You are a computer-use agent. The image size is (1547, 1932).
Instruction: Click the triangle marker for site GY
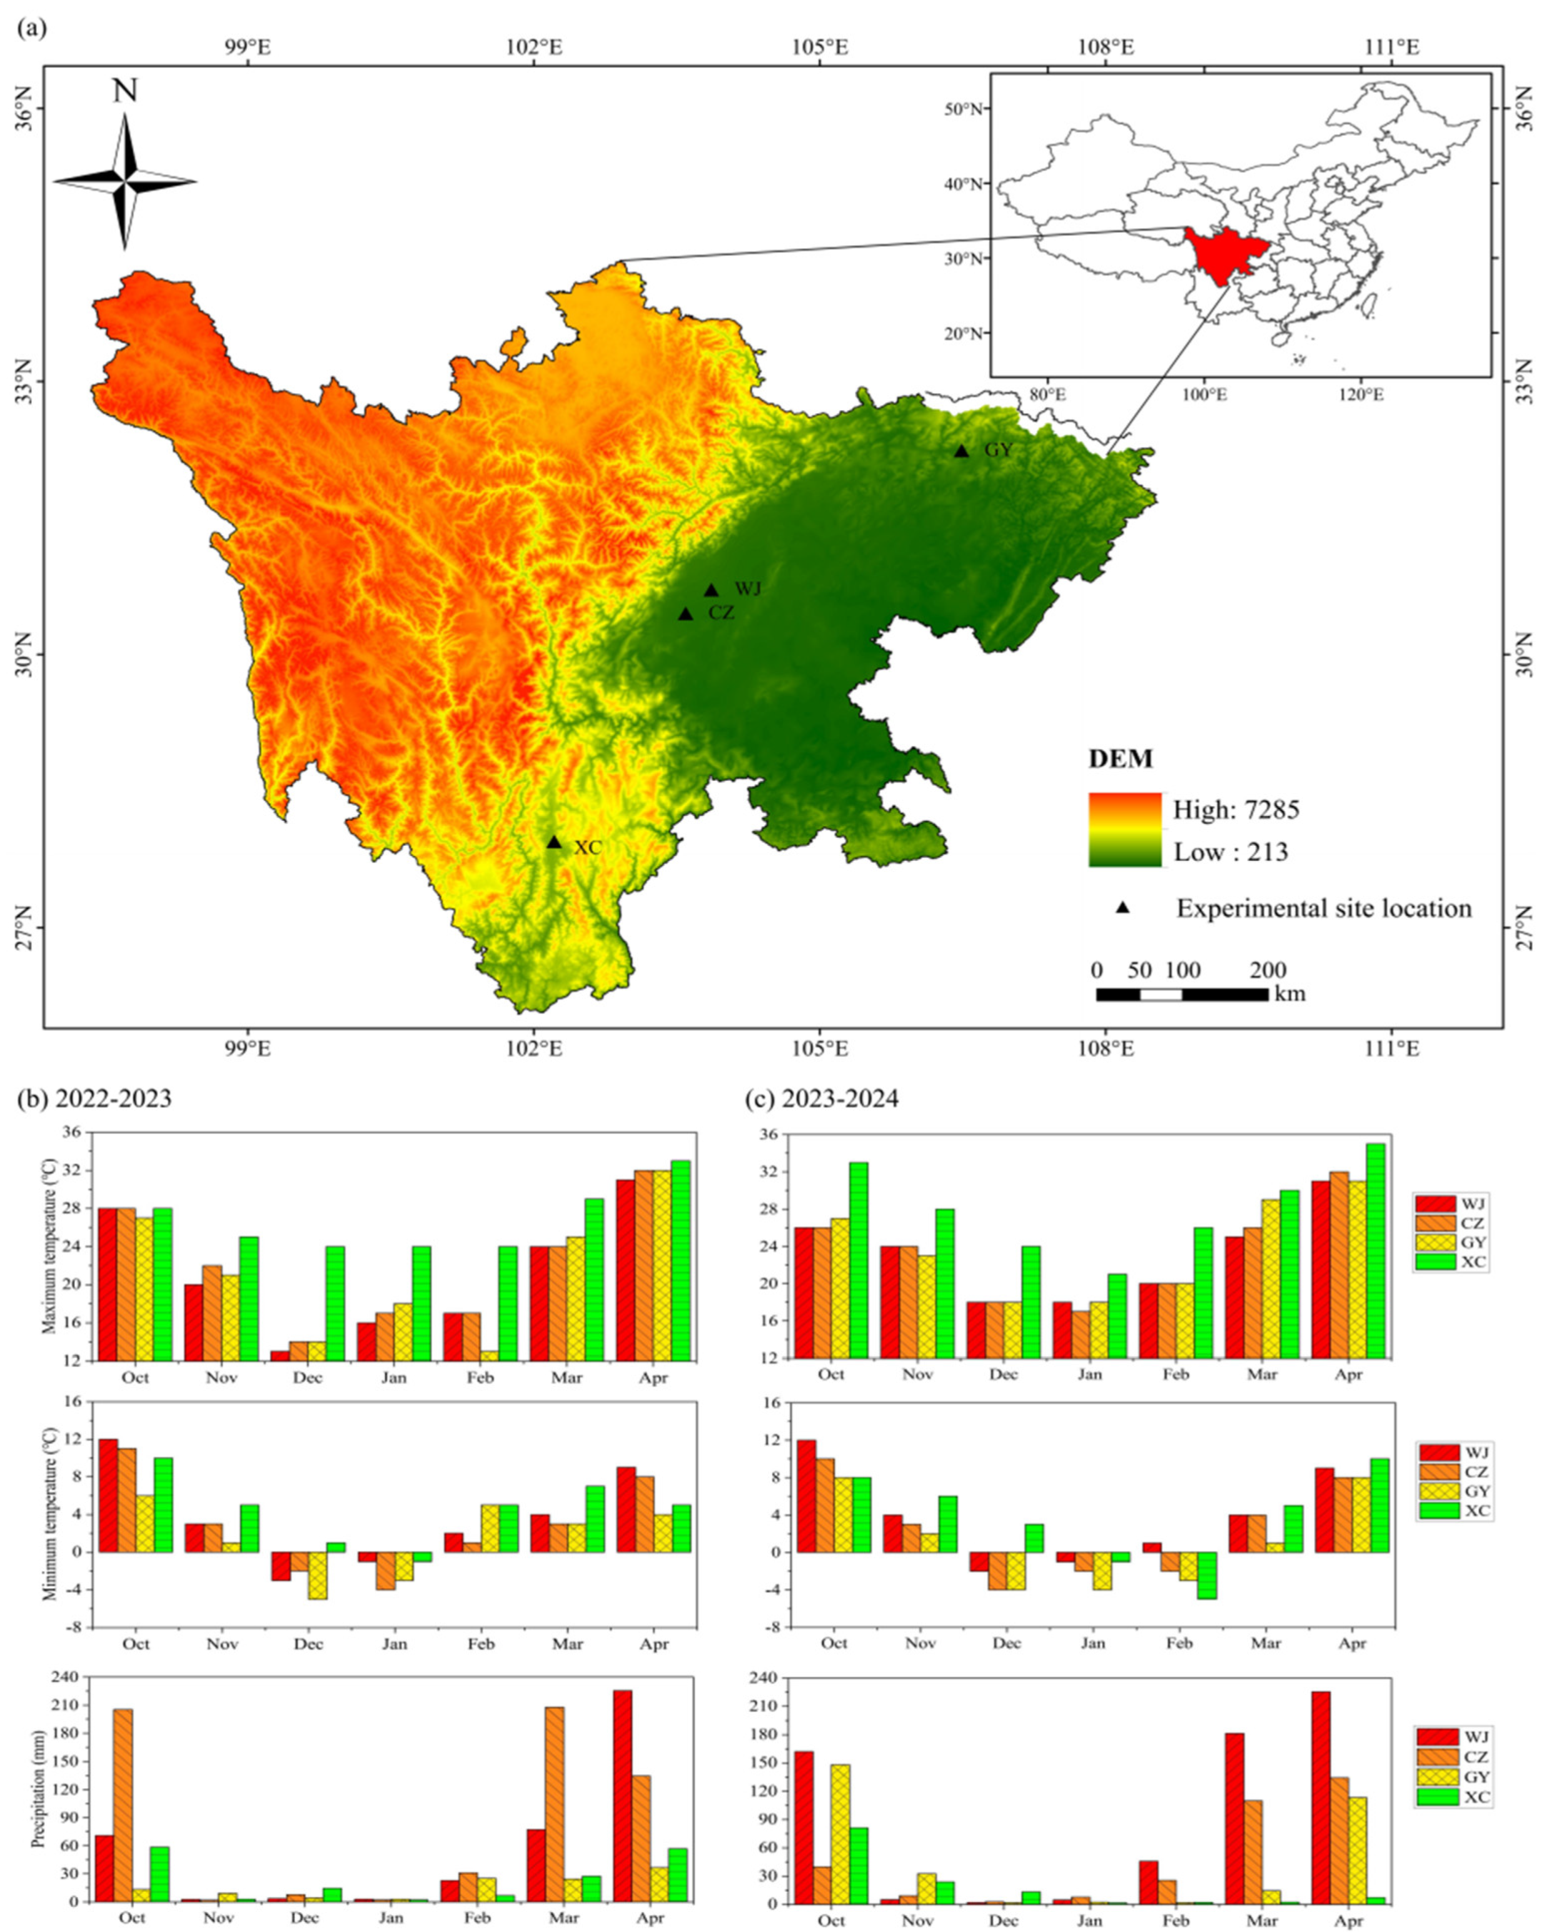click(961, 451)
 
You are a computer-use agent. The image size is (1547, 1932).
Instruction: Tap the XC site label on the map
click(587, 847)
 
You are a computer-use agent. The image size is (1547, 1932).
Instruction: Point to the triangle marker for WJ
click(712, 590)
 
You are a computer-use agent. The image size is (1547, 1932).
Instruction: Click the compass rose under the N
click(124, 182)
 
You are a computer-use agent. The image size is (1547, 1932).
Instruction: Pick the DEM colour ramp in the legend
click(1125, 830)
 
